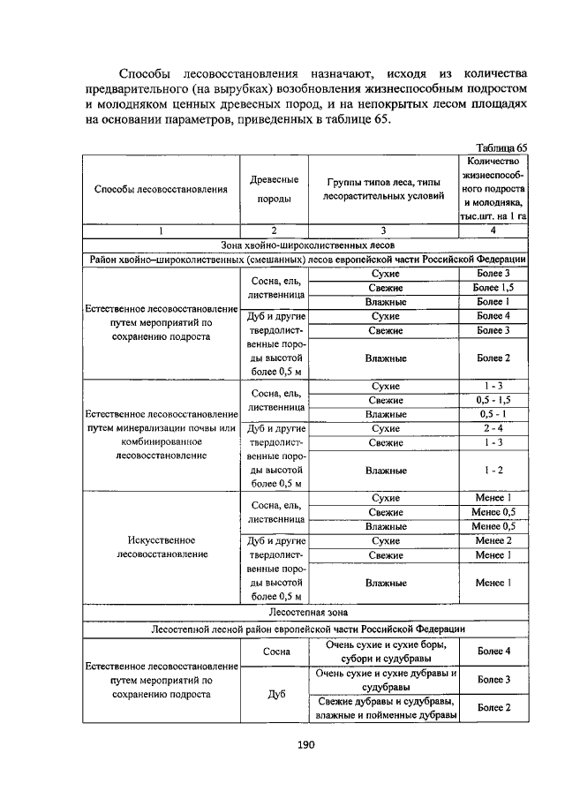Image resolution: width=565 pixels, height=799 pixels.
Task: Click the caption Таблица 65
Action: coord(500,147)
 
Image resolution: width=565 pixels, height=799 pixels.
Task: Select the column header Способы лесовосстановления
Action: coord(161,190)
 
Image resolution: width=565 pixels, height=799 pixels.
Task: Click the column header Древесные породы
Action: coord(274,190)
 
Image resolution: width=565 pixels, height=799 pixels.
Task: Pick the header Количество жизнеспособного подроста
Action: coord(493,190)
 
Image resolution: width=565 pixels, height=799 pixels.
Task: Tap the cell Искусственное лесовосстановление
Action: coord(161,546)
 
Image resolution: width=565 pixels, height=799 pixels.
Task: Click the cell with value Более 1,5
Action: coord(493,288)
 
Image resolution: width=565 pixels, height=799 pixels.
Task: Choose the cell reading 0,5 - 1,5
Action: coord(493,400)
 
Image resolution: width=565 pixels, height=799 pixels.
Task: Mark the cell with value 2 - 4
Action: coord(493,428)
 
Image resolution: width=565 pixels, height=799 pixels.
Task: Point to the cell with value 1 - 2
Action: coord(493,470)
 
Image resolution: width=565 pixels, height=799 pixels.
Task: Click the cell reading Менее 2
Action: coord(493,540)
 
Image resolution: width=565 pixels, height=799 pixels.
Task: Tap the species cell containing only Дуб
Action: coord(274,694)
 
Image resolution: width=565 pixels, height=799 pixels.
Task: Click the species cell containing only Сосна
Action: coord(274,652)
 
